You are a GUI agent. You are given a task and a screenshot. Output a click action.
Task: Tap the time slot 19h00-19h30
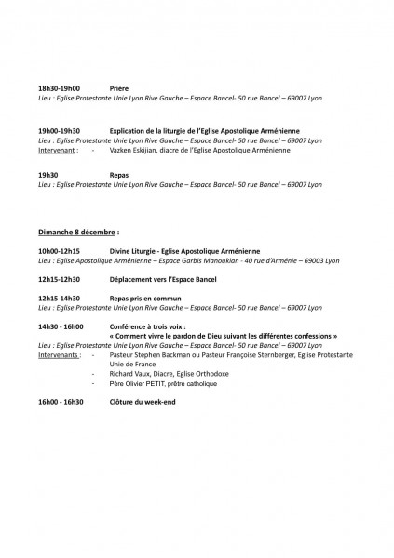click(59, 131)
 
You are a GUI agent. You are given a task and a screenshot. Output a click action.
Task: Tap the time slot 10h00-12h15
click(59, 251)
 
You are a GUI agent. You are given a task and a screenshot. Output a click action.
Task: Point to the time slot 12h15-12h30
click(59, 278)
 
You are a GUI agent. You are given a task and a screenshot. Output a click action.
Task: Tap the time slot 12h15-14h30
click(59, 298)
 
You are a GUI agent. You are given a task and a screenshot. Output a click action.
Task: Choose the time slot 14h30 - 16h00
click(61, 326)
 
